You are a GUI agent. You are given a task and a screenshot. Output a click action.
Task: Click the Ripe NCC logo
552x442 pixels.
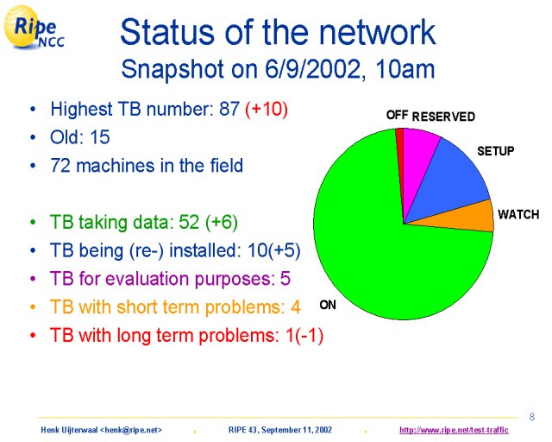coord(34,28)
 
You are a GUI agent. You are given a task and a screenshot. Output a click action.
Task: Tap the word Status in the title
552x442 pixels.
coord(167,33)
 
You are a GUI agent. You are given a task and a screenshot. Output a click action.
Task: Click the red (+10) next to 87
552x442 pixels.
coord(267,109)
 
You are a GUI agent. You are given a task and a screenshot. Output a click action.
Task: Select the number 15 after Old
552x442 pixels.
coord(100,136)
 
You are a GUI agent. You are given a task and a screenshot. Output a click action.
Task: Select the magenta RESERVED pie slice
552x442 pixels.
coord(419,155)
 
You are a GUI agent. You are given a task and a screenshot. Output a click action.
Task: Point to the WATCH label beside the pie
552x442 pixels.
coord(518,214)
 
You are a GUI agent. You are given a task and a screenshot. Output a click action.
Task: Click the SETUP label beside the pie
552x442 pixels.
coord(495,151)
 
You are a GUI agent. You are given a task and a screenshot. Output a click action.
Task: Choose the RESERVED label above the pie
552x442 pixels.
coord(443,117)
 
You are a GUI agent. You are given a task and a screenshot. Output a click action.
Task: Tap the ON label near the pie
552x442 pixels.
coord(328,305)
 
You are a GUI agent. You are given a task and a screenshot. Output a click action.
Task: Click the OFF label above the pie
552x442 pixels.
coord(397,115)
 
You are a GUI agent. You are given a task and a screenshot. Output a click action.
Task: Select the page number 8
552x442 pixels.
coord(532,417)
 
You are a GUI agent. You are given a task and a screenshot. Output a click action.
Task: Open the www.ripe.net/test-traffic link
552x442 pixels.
coord(454,430)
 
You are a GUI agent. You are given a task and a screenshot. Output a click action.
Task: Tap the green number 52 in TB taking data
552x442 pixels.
coord(189,222)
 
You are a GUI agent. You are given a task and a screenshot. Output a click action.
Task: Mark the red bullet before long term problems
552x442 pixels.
coord(33,335)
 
